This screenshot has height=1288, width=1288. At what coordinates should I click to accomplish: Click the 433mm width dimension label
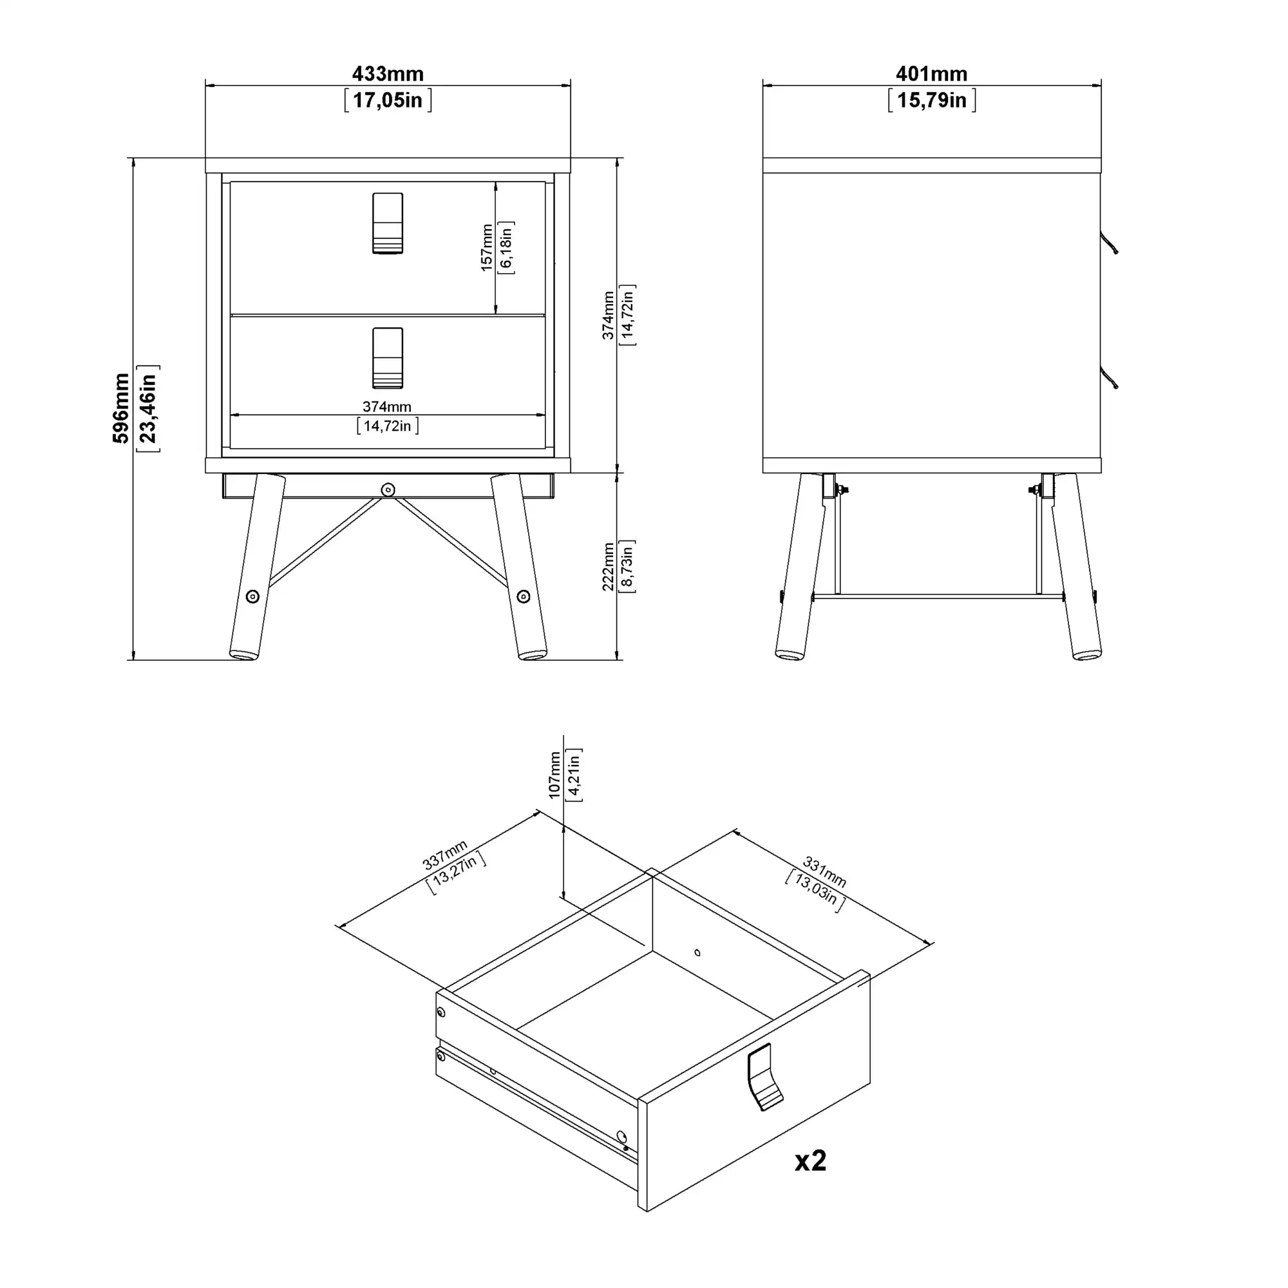click(x=387, y=73)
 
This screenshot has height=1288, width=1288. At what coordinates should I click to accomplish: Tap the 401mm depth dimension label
click(x=931, y=73)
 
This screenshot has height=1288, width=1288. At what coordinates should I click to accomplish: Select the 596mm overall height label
click(x=120, y=408)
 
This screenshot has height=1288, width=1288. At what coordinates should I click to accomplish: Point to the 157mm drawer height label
click(x=488, y=247)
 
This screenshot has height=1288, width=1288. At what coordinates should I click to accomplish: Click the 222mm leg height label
click(x=608, y=566)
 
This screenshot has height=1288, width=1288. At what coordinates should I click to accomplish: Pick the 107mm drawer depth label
click(x=554, y=775)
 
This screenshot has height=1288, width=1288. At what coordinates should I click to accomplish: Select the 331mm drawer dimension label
click(x=825, y=872)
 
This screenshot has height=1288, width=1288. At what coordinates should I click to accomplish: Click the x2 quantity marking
click(x=810, y=1160)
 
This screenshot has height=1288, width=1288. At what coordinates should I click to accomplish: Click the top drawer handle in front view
click(x=387, y=223)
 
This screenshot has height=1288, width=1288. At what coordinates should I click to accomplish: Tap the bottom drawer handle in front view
click(x=387, y=358)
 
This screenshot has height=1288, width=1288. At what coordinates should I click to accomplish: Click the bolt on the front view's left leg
click(x=252, y=597)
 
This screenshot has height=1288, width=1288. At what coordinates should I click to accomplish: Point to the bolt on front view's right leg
click(x=524, y=597)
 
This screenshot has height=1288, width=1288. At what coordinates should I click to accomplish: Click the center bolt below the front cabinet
click(x=388, y=490)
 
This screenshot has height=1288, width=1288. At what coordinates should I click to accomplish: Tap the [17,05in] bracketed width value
click(x=387, y=100)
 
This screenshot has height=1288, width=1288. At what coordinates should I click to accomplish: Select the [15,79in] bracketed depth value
click(x=931, y=100)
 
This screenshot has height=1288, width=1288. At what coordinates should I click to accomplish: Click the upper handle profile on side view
click(x=1109, y=243)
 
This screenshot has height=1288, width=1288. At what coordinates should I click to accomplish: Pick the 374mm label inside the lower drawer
click(x=387, y=406)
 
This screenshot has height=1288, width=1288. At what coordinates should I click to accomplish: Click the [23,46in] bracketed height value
click(x=147, y=408)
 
